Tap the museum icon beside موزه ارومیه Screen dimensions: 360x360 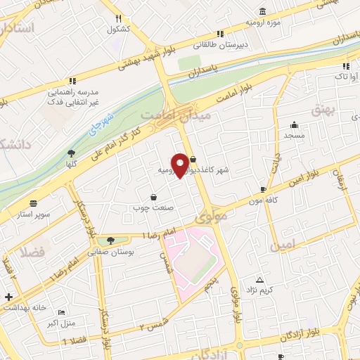click(262, 12)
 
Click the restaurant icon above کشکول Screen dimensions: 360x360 click(118, 19)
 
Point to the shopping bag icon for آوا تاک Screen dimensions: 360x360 click(344, 65)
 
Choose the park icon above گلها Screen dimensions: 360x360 click(71, 153)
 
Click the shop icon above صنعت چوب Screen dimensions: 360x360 click(153, 198)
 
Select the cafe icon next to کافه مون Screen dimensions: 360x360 click(263, 189)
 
